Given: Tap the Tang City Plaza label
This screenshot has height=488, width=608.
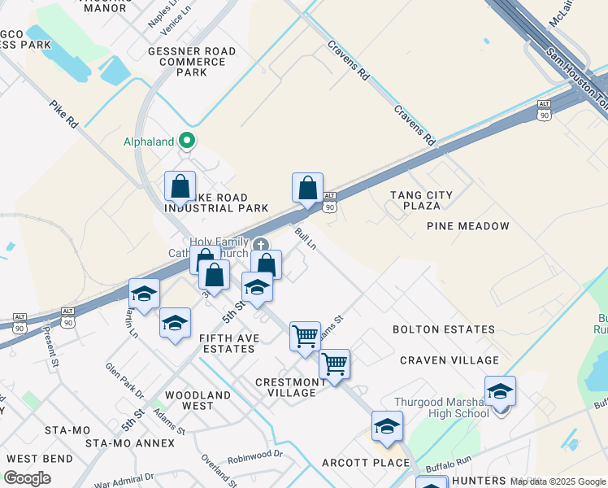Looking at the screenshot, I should point(420,200).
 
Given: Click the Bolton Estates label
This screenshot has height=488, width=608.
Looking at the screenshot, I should point(443,329).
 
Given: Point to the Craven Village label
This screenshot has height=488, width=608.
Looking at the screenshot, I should point(449,360).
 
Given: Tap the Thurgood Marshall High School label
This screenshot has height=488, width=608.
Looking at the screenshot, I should point(441,407).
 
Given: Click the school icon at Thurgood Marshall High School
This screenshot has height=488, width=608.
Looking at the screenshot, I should point(500,391).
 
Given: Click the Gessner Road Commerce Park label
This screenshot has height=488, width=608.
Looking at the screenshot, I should point(191,62).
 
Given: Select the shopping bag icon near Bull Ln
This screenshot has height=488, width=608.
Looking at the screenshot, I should point(307,188).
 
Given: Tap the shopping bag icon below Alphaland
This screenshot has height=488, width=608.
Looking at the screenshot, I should point(180,186).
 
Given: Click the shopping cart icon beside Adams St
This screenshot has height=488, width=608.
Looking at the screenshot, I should point(305,335).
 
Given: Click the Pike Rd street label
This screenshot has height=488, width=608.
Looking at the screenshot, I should point(63,115).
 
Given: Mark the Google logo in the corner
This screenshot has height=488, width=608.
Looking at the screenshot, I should point(27,478).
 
